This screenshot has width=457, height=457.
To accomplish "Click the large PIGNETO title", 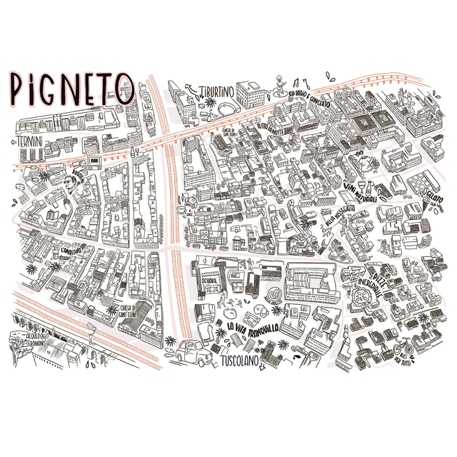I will (71, 88).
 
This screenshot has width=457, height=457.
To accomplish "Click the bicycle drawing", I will (403, 350).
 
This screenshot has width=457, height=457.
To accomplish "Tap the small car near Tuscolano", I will (191, 352).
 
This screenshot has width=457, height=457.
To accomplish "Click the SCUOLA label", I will (209, 281).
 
